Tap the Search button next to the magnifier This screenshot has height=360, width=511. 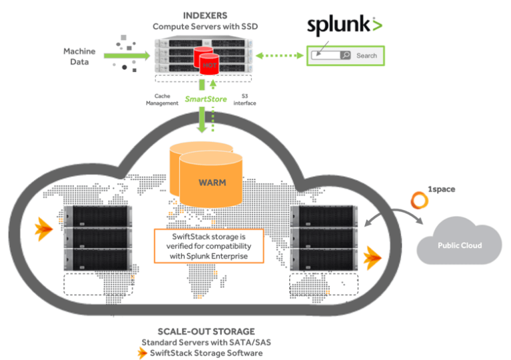[x=366, y=56]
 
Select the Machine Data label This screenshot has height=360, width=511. [x=80, y=57]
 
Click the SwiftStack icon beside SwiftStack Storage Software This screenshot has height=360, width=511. [x=142, y=353]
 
